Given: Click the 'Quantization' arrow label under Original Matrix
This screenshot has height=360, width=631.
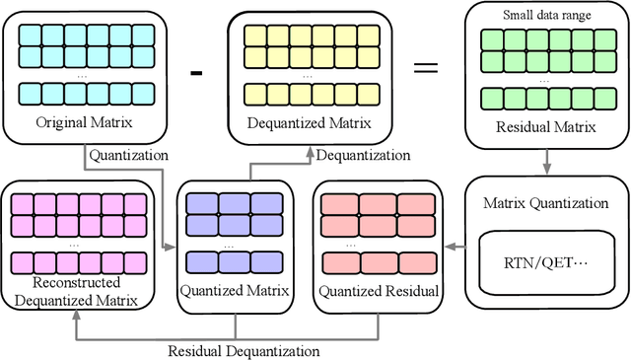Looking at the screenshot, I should tap(127, 155).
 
